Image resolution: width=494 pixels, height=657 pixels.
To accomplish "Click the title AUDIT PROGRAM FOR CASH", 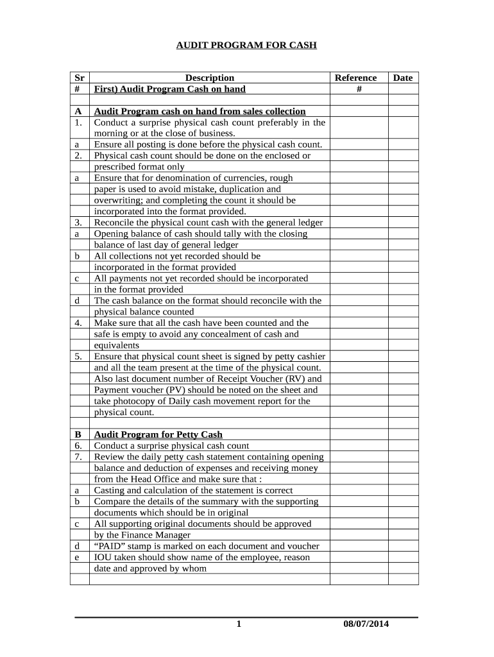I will coord(247,46).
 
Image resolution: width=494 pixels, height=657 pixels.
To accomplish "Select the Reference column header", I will coord(356,78).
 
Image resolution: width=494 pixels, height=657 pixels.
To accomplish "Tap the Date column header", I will coord(403,78).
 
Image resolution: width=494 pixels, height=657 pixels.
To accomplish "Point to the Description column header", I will coord(210,78).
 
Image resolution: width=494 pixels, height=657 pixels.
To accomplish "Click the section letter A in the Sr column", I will coord(77,111).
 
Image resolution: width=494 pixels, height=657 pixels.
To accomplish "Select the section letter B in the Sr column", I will coord(77,434).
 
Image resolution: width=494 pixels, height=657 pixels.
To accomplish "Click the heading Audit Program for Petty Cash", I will coord(158,434).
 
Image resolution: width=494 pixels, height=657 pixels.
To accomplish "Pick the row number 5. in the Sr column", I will coord(78,356).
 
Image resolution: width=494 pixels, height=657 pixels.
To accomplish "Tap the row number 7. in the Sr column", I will coord(78,457).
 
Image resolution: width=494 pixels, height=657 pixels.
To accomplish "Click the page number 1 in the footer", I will coord(238,624).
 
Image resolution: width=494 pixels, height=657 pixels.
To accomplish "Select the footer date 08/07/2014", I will coord(366,624).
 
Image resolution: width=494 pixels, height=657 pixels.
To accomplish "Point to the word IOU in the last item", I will coord(103,557).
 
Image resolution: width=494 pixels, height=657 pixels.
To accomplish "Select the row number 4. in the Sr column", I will coord(78,323).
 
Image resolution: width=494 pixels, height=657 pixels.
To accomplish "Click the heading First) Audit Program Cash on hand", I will coord(169,89).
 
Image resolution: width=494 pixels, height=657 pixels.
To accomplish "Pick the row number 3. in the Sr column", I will coord(78,223).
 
